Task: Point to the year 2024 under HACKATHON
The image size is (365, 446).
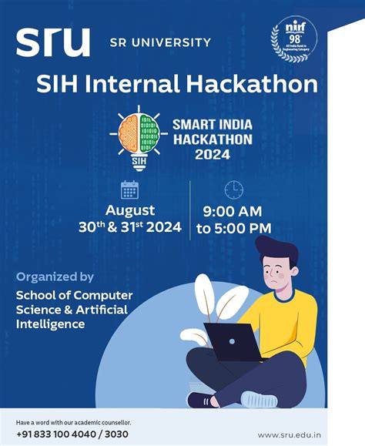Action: (213, 154)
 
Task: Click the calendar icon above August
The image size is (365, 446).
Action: (130, 189)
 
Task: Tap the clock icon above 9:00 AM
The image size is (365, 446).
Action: (233, 189)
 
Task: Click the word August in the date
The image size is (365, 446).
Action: (130, 210)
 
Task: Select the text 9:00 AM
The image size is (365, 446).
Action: (233, 211)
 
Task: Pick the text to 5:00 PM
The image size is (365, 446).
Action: (233, 228)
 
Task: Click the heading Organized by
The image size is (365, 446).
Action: (55, 277)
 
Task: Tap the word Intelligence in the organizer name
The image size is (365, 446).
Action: (51, 324)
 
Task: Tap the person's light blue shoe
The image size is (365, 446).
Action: (259, 400)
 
